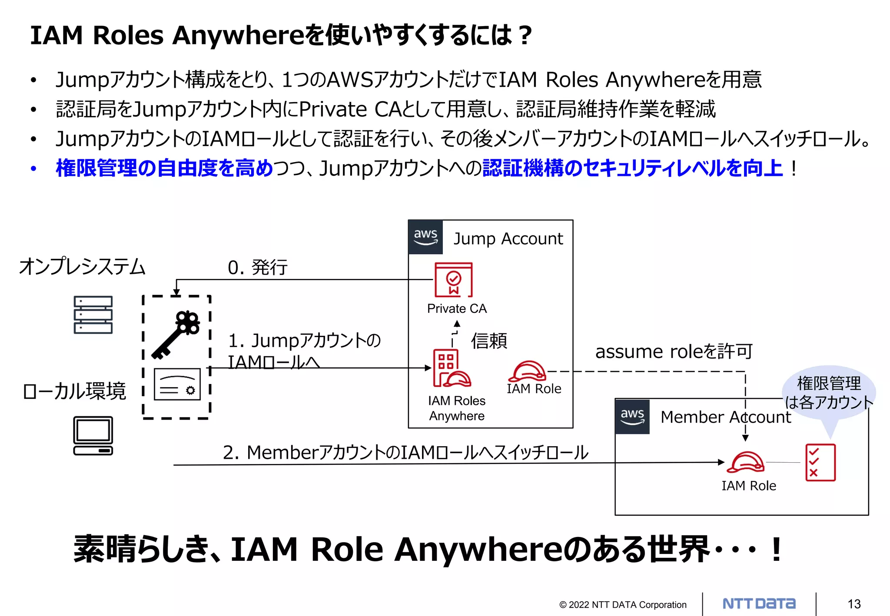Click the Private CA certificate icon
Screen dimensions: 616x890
453,280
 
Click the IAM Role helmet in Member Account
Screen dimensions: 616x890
745,462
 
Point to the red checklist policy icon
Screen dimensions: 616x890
820,462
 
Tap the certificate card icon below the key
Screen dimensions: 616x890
177,384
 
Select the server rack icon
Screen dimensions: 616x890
93,315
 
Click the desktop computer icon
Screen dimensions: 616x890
93,436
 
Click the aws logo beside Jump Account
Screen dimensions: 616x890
425,237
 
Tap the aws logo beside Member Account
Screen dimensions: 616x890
632,417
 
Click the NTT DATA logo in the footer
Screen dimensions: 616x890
759,603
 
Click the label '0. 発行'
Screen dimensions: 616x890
257,267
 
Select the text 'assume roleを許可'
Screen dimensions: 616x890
673,351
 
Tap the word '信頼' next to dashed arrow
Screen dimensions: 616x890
489,341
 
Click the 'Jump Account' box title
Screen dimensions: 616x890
508,239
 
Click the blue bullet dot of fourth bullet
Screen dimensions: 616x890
33,169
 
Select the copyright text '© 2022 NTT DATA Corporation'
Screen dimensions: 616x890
622,605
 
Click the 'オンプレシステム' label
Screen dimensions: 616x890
82,266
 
